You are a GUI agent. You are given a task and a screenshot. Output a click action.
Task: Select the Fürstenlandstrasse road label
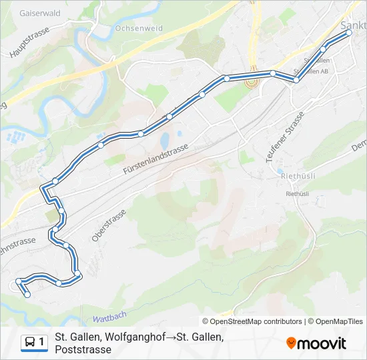pyautogui.click(x=156, y=161)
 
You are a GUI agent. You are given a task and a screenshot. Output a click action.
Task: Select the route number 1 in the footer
pyautogui.click(x=42, y=342)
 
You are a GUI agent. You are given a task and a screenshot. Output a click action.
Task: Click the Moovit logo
pyautogui.click(x=316, y=343)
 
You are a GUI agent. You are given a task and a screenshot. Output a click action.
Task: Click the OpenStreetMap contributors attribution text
pyautogui.click(x=252, y=321)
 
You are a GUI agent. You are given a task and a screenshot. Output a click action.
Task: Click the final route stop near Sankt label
pyautogui.click(x=348, y=32)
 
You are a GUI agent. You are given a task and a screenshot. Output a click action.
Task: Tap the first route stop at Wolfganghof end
pyautogui.click(x=27, y=295)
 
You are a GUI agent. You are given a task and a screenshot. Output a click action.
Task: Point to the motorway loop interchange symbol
pyautogui.click(x=252, y=83)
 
